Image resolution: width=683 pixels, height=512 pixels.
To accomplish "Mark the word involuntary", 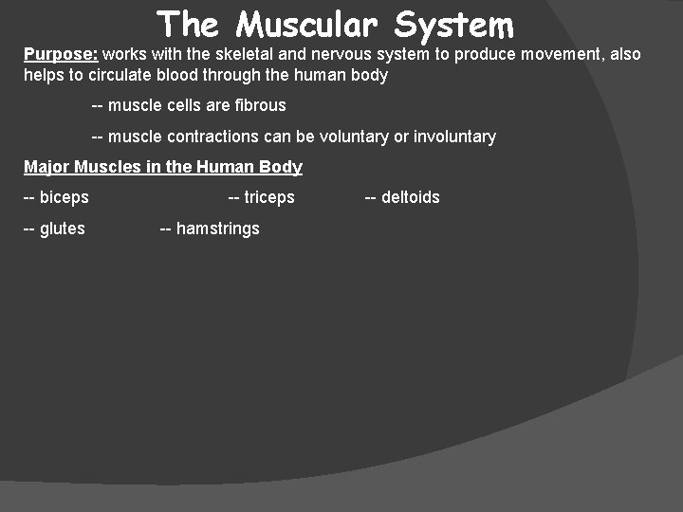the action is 454,137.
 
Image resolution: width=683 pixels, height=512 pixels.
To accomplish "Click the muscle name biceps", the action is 65,197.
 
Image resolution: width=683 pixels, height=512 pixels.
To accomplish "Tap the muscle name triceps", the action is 269,197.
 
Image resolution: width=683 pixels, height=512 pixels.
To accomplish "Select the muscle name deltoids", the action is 410,197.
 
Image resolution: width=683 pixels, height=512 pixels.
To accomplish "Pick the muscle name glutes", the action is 63,229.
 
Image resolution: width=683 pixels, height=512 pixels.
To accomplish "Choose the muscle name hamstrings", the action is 217,229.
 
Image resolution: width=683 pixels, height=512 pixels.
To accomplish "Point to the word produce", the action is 483,54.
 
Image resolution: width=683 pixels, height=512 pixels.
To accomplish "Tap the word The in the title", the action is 188,25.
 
